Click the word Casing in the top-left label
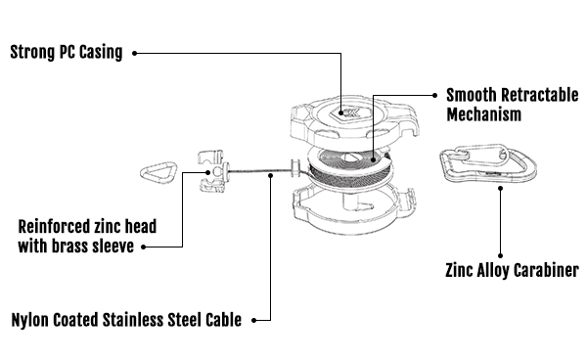pos(101,52)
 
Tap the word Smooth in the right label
pos(471,95)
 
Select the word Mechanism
pos(483,114)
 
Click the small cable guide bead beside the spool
pos(295,168)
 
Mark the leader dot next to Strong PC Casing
pos(134,53)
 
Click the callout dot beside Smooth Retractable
pos(434,96)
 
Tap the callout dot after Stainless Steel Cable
pos(253,320)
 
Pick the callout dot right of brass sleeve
pos(144,247)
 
